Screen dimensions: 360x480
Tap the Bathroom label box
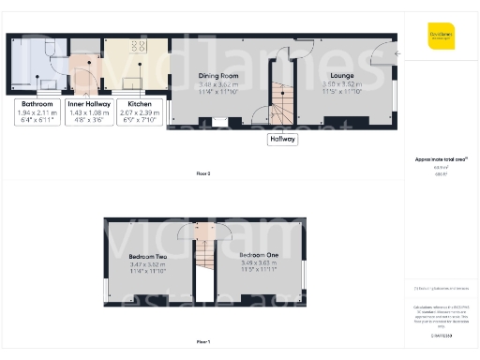[x=37, y=113]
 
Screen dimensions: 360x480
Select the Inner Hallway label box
[x=88, y=113]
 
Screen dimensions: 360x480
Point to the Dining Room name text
[x=218, y=75]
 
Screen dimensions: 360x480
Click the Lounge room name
[x=340, y=75]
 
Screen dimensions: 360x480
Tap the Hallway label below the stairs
[x=282, y=139]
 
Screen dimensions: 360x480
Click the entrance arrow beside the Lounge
[x=397, y=54]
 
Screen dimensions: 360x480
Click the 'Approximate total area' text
[x=442, y=160]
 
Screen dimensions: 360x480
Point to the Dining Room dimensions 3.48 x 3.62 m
[x=217, y=83]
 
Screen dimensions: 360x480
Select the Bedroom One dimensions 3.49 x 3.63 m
[x=257, y=263]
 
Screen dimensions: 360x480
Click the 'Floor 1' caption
[x=203, y=341]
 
